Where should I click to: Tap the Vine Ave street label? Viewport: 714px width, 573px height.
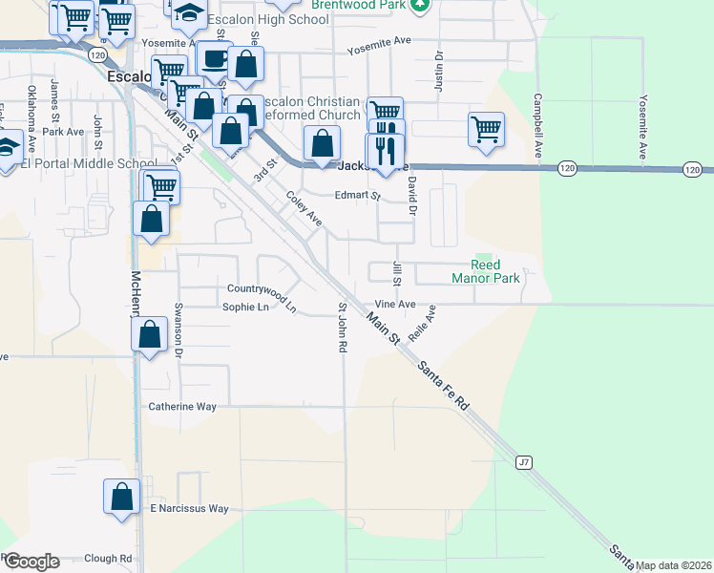point(394,304)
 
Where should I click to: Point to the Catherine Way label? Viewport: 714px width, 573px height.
point(182,406)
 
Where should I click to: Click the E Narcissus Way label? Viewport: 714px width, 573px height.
point(189,509)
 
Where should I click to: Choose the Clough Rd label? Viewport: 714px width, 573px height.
point(108,559)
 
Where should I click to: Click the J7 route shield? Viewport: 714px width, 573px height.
point(523,462)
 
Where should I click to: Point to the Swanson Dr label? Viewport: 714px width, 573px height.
point(178,329)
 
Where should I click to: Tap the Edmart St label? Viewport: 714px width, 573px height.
point(357,197)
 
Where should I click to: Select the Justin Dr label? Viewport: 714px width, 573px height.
point(439,71)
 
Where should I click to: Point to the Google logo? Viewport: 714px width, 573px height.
point(31,562)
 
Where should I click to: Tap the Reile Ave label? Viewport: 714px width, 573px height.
point(421,324)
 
